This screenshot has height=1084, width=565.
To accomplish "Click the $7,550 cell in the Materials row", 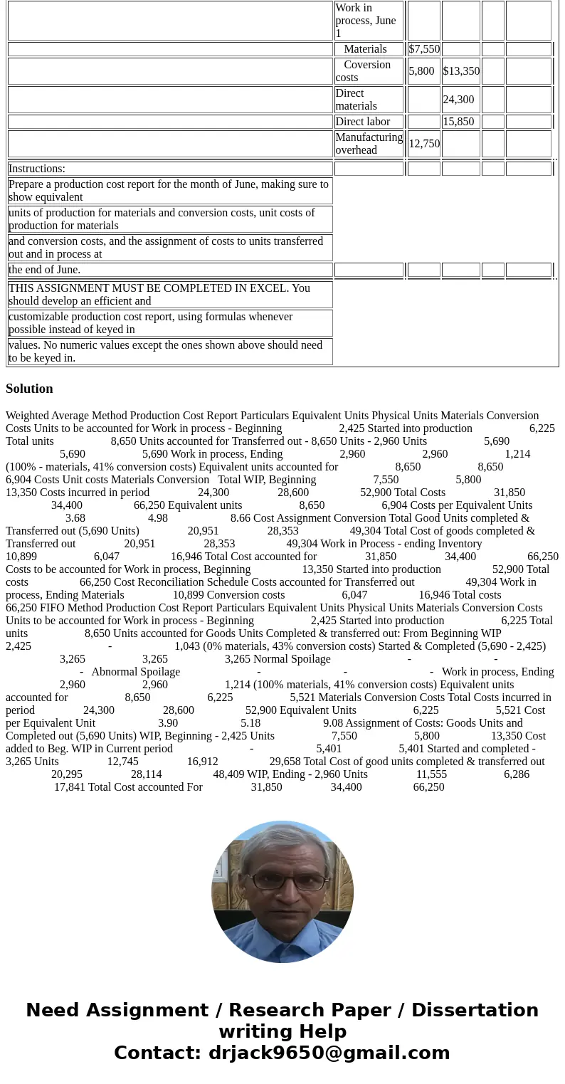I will click(424, 49).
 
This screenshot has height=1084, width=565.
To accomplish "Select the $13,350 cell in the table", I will click(461, 71).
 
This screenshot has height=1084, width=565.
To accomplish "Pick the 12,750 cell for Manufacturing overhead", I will click(424, 144).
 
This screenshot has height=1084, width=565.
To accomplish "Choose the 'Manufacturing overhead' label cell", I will click(369, 144).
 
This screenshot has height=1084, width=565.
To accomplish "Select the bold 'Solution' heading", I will click(29, 389).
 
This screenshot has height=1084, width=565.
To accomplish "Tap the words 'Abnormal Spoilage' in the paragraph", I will click(135, 672).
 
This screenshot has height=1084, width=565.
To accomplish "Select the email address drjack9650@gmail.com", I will click(329, 1053).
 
